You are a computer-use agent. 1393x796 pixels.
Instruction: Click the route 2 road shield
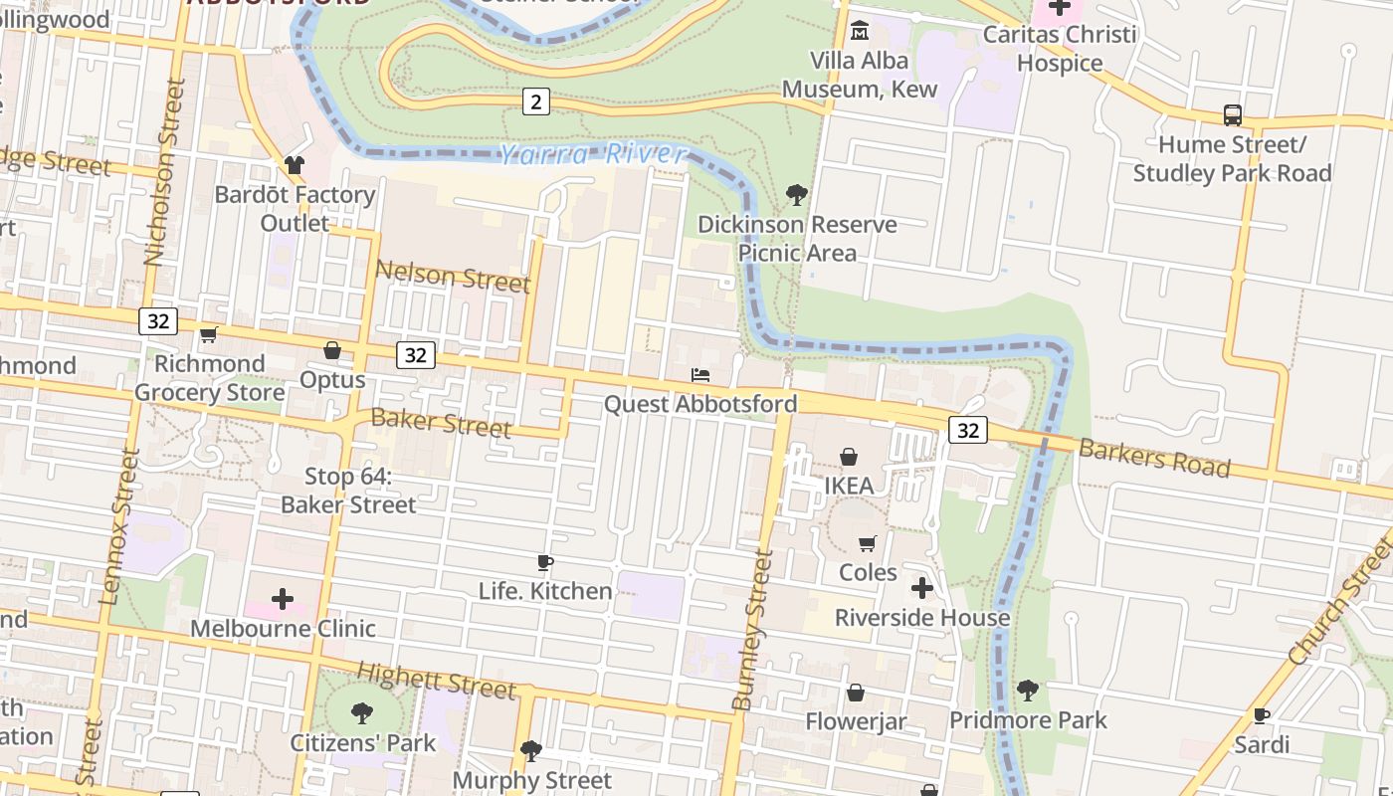pyautogui.click(x=536, y=101)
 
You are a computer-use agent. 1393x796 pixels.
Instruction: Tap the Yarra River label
pyautogui.click(x=593, y=154)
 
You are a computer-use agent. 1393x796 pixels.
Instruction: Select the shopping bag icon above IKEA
pyautogui.click(x=849, y=457)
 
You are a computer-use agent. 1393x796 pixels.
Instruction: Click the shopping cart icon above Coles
pyautogui.click(x=868, y=543)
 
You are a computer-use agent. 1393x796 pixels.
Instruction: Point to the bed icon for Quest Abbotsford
pyautogui.click(x=700, y=375)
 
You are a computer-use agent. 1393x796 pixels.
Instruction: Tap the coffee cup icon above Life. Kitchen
pyautogui.click(x=544, y=563)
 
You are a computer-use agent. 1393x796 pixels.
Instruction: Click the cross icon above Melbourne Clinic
pyautogui.click(x=283, y=599)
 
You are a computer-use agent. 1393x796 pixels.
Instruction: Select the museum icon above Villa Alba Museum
pyautogui.click(x=859, y=32)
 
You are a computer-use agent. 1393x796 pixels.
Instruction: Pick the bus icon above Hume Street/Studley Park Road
pyautogui.click(x=1232, y=115)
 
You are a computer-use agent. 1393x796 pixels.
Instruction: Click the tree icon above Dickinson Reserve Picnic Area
pyautogui.click(x=796, y=195)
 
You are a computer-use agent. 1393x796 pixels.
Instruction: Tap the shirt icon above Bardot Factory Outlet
pyautogui.click(x=295, y=165)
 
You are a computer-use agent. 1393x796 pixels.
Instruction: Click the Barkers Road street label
pyautogui.click(x=1154, y=457)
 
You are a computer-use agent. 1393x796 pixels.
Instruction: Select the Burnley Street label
pyautogui.click(x=752, y=631)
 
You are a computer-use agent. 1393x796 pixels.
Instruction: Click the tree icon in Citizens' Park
pyautogui.click(x=362, y=713)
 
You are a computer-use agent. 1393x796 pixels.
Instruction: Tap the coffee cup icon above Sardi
pyautogui.click(x=1261, y=715)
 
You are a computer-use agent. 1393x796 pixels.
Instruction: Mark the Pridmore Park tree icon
pyautogui.click(x=1028, y=690)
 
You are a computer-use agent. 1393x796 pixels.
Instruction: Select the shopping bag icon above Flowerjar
pyautogui.click(x=855, y=693)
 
